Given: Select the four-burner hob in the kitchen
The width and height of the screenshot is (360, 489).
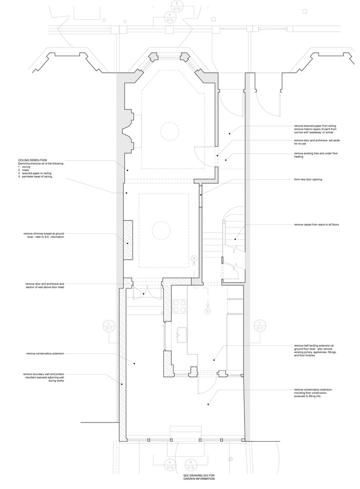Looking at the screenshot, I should tap(180, 306).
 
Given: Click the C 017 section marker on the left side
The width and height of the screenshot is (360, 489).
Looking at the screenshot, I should tap(108, 326).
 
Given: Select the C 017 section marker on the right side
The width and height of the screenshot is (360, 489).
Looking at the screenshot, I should tap(260, 326).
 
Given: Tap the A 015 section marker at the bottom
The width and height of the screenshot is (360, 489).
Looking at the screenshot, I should tap(170, 466).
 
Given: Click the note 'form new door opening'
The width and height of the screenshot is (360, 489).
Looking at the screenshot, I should tap(308, 179).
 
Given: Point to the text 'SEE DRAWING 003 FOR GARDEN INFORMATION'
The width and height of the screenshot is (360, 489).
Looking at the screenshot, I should tap(195, 477).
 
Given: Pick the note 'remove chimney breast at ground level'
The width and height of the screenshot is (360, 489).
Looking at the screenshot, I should tap(44, 235).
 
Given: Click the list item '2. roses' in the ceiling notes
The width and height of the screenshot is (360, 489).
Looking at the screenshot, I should tap(25, 170).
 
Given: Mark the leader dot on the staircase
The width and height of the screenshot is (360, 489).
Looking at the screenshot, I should tap(235, 240).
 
